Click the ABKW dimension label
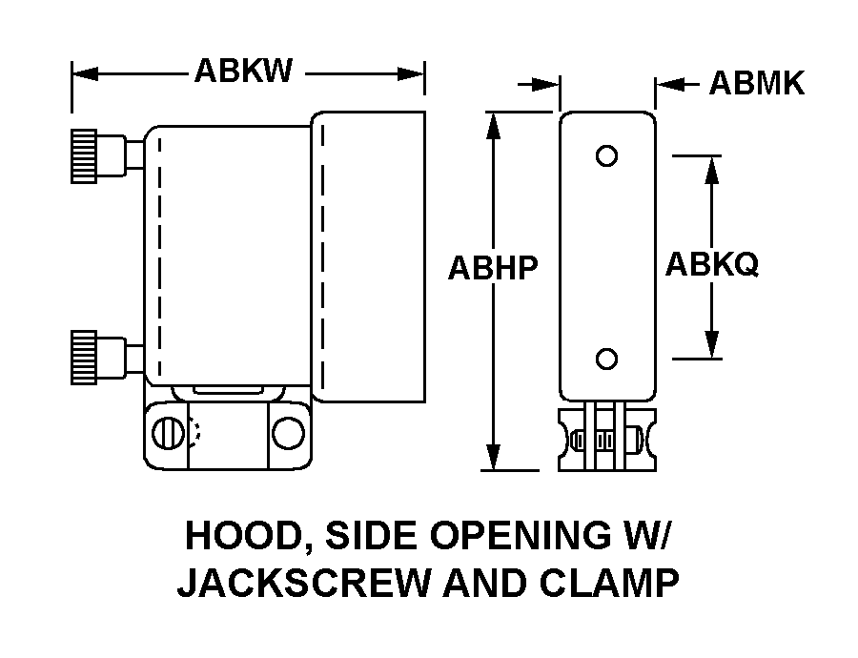click(243, 72)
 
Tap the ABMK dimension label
click(756, 84)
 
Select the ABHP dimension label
click(494, 269)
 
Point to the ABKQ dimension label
click(711, 264)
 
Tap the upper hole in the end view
click(606, 155)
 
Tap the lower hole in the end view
click(606, 359)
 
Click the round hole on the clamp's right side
click(285, 433)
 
